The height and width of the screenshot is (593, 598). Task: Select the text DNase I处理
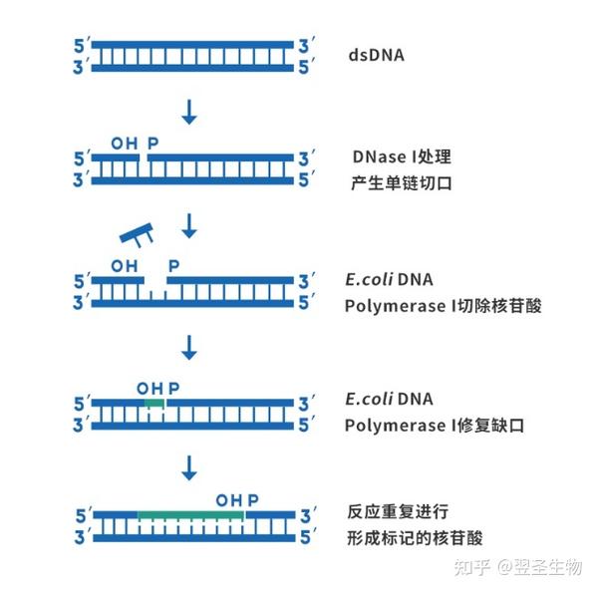[x=402, y=157]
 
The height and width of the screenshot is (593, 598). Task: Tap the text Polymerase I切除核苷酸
[x=444, y=306]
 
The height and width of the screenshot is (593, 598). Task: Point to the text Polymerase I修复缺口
[x=435, y=426]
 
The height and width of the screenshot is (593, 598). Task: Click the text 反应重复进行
[x=399, y=512]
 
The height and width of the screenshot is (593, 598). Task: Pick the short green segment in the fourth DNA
[x=153, y=402]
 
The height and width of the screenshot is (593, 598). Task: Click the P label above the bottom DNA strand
[x=253, y=499]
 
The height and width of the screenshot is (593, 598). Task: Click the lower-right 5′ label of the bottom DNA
[x=308, y=537]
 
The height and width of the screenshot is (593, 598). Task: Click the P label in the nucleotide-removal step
[x=174, y=265]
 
